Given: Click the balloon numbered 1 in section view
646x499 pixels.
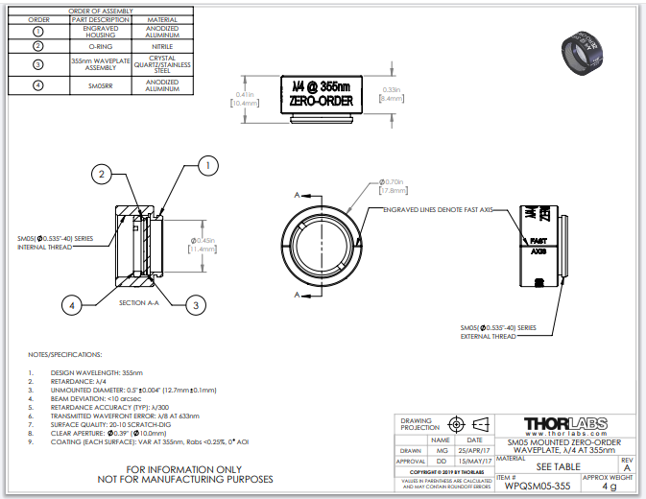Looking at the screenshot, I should [204, 166].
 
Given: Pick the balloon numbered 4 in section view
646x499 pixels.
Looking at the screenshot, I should [71, 305].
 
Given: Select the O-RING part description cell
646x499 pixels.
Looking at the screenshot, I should [100, 45].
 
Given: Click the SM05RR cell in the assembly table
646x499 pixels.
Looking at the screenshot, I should [100, 85].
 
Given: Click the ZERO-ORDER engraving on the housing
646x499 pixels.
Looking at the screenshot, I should [321, 101].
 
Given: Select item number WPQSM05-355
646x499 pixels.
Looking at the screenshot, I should [538, 486].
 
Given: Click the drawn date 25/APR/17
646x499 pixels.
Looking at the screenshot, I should [475, 449].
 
